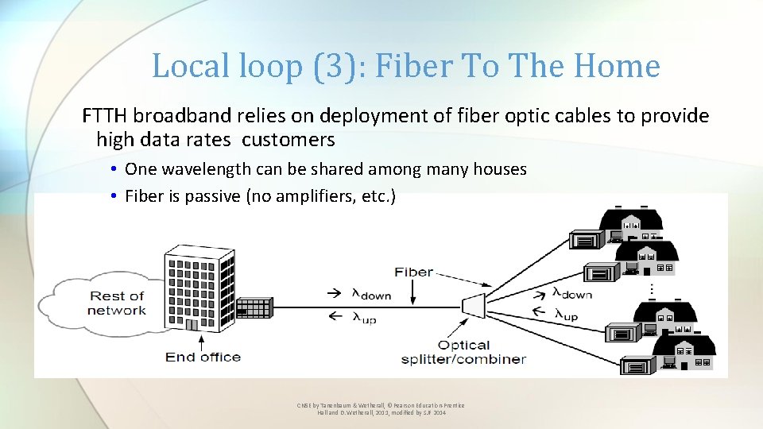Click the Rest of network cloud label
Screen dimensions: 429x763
click(117, 303)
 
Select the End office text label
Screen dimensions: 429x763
click(202, 357)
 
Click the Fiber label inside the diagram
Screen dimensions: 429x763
click(413, 272)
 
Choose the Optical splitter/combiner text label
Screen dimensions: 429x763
click(463, 352)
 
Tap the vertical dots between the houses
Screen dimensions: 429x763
click(652, 290)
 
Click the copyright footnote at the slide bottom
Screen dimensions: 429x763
click(381, 409)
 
